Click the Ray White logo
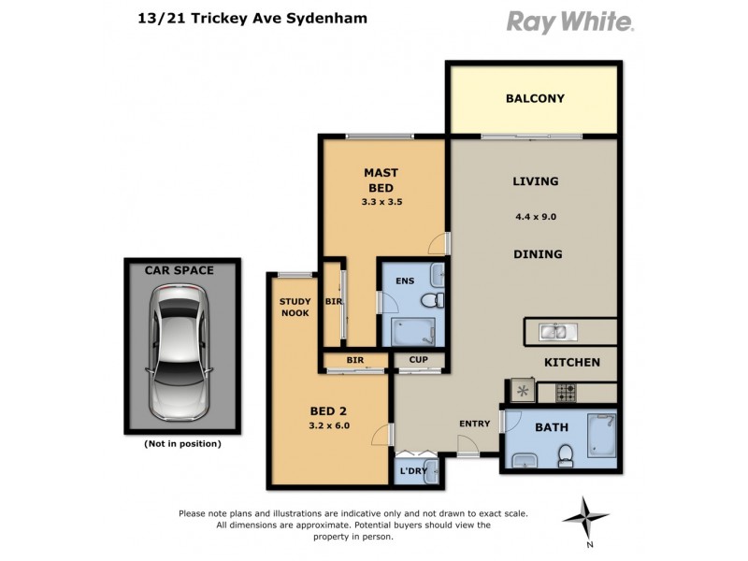click(570, 22)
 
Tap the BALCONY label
click(535, 98)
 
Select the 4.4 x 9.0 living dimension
click(536, 217)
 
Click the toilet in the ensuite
click(432, 299)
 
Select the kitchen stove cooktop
click(567, 391)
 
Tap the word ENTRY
click(474, 424)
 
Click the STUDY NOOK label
click(295, 307)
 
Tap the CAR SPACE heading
click(179, 270)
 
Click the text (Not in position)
click(182, 444)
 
